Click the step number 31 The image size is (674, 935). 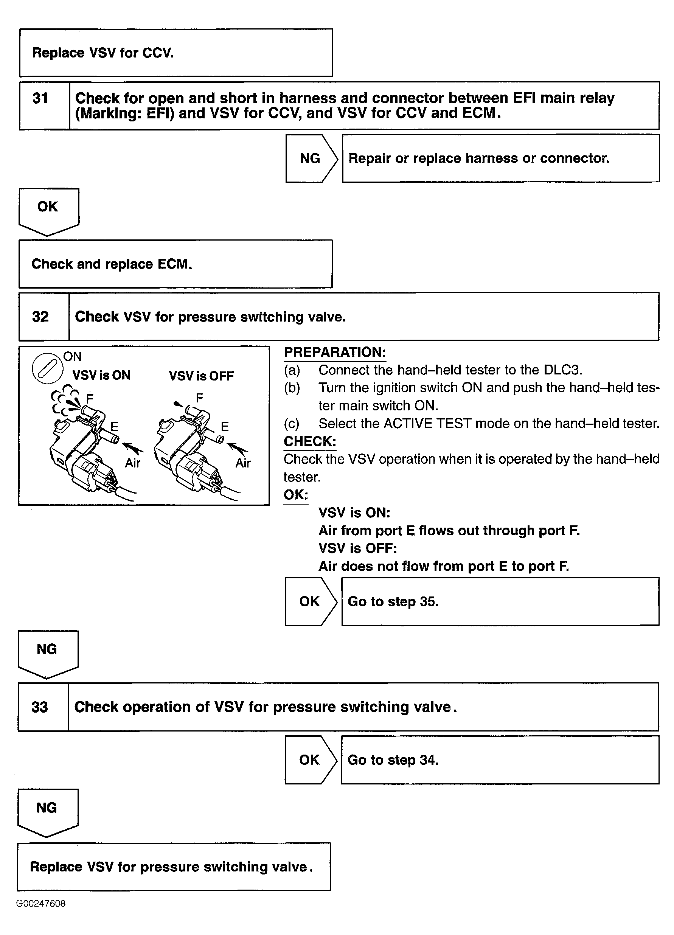coord(40,98)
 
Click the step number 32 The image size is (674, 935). coord(40,317)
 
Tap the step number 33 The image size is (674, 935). coord(40,707)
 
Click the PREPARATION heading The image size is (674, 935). coord(335,352)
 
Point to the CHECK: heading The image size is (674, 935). coord(310,441)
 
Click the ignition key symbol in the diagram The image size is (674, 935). coord(47,368)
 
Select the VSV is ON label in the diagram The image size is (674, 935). coord(101,375)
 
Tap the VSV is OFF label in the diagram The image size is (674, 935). coord(201,376)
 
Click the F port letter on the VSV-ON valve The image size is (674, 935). coord(90,398)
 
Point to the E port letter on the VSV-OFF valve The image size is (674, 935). coord(225,426)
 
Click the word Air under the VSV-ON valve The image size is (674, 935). coord(132,463)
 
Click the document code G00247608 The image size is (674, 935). coord(41,904)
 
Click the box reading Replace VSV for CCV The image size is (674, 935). coord(176,53)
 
